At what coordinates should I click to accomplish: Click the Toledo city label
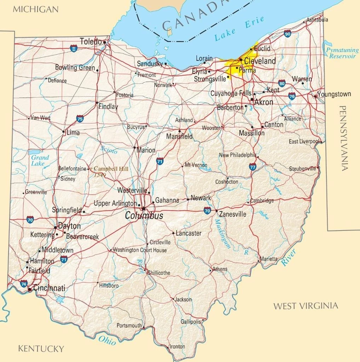[x=91, y=41]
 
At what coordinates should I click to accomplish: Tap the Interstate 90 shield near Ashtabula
[x=288, y=34]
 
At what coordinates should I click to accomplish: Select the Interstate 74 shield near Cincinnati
[x=24, y=283]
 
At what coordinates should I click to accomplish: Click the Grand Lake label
[x=40, y=160]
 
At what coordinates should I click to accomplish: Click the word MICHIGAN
[x=35, y=9]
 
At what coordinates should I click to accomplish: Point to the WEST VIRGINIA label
[x=305, y=306]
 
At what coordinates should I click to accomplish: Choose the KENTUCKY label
[x=41, y=349]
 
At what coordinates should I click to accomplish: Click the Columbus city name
[x=144, y=216]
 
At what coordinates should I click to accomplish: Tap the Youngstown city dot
[x=315, y=96]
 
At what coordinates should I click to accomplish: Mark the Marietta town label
[x=269, y=259]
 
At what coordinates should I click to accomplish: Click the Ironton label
[x=177, y=346]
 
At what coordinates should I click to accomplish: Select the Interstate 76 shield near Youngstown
[x=292, y=96]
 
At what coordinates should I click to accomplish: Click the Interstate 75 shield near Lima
[x=80, y=119]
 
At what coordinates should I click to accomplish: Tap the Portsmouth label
[x=129, y=325]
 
